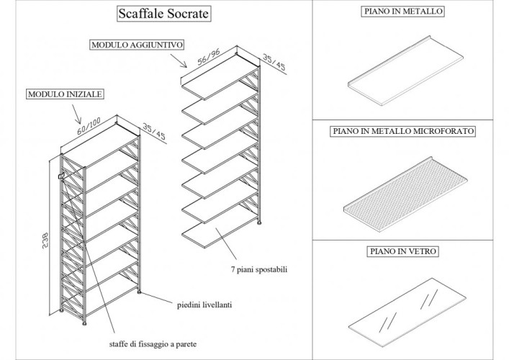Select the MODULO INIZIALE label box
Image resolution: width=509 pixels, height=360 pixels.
point(64,94)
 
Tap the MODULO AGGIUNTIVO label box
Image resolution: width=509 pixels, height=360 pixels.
point(137,45)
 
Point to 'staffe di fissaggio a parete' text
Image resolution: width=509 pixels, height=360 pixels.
point(153,343)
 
